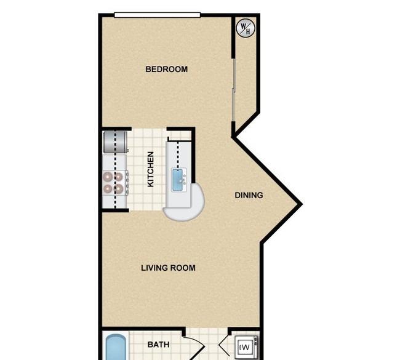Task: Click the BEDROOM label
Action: click(x=167, y=69)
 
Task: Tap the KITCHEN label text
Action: click(x=151, y=169)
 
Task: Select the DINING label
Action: click(x=249, y=195)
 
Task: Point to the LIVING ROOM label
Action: click(x=169, y=268)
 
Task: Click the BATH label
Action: click(x=158, y=345)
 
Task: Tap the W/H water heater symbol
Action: click(x=246, y=28)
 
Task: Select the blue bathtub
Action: click(x=116, y=347)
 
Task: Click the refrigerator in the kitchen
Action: click(x=115, y=142)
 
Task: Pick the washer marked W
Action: click(x=246, y=347)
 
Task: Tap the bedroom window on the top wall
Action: click(x=158, y=15)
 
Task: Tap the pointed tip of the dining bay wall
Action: click(x=301, y=204)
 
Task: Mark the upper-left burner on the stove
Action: click(x=108, y=176)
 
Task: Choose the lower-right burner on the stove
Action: click(x=119, y=189)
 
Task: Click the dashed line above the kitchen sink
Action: click(x=178, y=154)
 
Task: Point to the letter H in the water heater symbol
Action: click(x=248, y=31)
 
